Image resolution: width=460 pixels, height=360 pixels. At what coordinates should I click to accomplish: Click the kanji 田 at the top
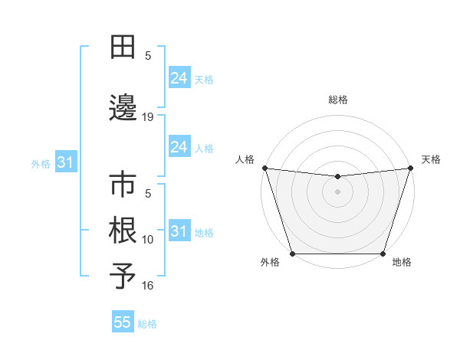123,48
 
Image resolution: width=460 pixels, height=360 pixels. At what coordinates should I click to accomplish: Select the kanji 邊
123,108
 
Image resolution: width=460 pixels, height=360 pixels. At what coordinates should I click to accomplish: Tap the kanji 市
123,186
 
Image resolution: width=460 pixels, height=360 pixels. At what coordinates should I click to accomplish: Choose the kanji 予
123,276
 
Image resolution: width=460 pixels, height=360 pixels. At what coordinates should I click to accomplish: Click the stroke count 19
148,117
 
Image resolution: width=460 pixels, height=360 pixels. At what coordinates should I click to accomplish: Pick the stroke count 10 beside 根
148,240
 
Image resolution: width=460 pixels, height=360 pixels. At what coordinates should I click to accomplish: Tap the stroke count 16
148,286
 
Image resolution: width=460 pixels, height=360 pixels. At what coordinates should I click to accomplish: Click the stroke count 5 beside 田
148,56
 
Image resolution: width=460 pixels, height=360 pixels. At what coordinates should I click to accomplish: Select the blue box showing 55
123,322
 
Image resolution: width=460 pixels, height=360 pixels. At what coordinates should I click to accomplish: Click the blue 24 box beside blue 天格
179,77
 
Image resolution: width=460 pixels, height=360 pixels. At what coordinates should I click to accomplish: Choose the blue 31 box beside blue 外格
65,162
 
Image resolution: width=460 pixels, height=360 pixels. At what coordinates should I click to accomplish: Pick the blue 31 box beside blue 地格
179,231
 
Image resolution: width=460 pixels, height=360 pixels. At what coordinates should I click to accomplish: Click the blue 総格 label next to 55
147,324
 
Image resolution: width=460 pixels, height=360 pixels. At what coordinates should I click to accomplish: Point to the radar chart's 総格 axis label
337,100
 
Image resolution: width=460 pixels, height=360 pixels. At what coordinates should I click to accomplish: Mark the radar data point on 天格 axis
410,168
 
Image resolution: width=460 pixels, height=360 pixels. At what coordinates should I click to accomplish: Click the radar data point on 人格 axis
264,168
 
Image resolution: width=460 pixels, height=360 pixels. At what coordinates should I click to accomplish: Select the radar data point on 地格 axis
383,254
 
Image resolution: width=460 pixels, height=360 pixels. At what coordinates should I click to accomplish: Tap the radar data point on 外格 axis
292,254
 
